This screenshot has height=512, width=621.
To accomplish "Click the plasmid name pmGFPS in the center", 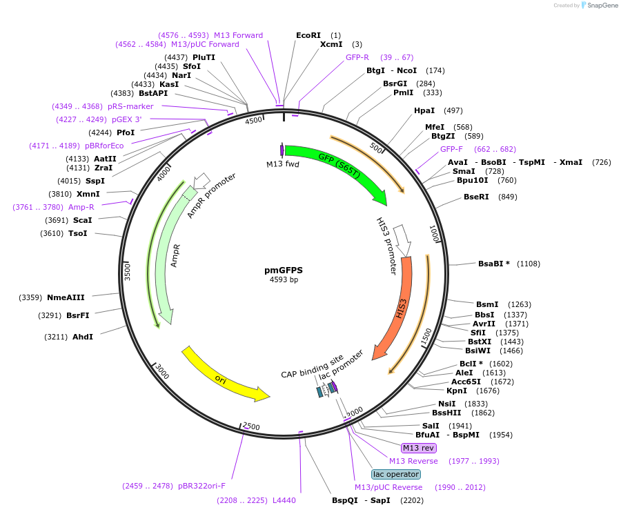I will [x=284, y=270].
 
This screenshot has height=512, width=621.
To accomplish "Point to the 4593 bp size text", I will [x=284, y=279].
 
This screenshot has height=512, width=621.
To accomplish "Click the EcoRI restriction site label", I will [x=308, y=35].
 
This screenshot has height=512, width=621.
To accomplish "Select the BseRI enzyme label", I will [x=476, y=197].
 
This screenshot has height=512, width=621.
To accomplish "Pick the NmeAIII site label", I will [x=66, y=297].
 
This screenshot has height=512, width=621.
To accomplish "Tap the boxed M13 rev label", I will [x=419, y=448].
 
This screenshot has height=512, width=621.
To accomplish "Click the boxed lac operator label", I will [x=395, y=474].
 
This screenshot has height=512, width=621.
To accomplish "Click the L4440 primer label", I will [x=284, y=500].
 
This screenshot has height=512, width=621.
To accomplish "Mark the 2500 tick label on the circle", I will [x=252, y=426].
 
